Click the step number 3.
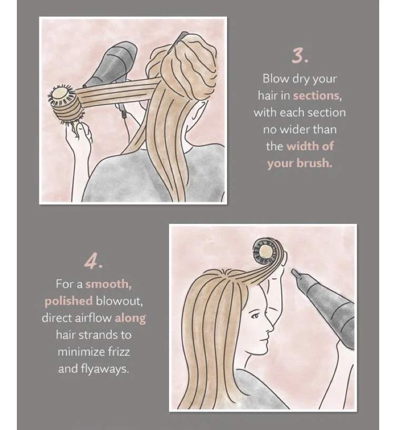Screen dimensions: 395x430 (x=300, y=56)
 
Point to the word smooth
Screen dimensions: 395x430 (x=108, y=284)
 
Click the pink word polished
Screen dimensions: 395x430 (x=68, y=301)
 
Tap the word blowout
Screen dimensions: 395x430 (x=119, y=301)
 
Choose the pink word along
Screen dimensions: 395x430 (x=130, y=319)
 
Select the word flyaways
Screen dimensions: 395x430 (x=105, y=369)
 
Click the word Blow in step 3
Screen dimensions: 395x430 (x=275, y=79)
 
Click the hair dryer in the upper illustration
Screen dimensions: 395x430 (x=114, y=69)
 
